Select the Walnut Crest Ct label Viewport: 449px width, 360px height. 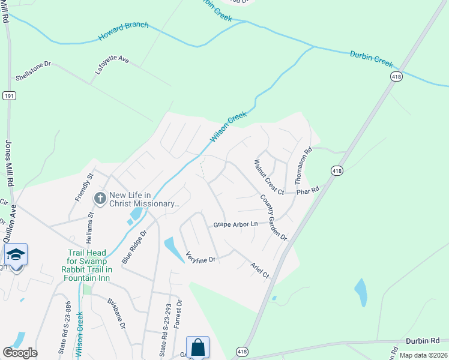point(268,176)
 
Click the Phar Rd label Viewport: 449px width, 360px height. point(310,190)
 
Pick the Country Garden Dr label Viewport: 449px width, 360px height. point(274,217)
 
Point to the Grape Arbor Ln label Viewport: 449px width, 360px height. point(235,224)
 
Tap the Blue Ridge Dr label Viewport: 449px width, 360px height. point(134,247)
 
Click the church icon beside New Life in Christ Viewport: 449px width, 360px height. point(100,197)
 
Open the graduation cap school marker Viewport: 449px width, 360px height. point(16,254)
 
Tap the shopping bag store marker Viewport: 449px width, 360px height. point(197,347)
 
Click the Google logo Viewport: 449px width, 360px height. point(20,353)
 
